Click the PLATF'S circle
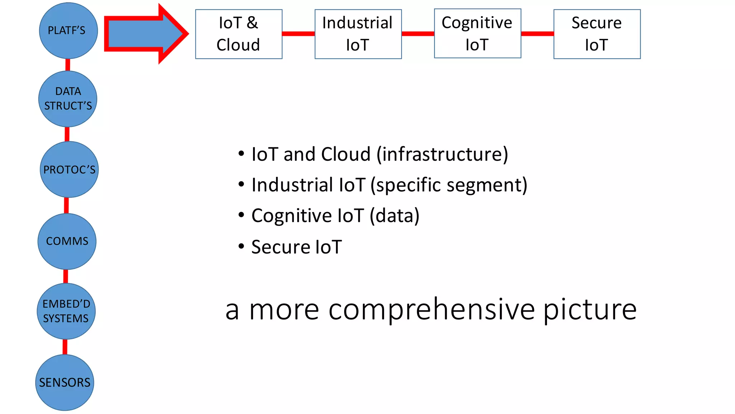68,31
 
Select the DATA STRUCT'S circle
68,99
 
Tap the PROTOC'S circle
69,169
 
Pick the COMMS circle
67,241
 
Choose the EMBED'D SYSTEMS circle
66,311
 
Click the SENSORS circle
65,382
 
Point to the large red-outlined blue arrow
144,34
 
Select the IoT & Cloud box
239,34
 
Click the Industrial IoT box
358,34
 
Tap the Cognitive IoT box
477,33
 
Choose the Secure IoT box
597,34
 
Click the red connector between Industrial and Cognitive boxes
418,34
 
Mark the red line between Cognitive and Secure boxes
537,34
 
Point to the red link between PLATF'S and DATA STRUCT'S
67,65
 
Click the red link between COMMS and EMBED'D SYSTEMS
66,276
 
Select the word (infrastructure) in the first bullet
442,154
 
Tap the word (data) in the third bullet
394,216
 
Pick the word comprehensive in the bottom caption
432,309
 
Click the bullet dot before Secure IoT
241,247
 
